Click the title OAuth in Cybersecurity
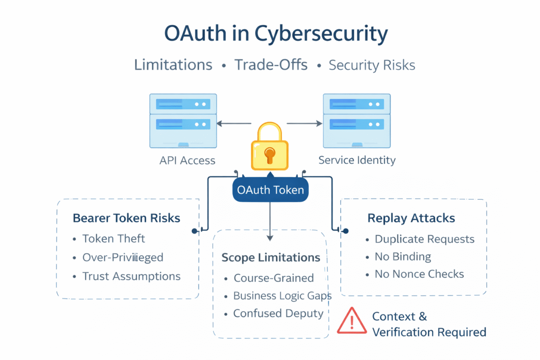point(276,35)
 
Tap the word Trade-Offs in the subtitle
point(271,65)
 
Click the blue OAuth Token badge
point(270,190)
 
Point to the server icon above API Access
point(183,121)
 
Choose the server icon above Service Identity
point(356,121)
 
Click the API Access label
point(187,161)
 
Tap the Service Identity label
point(357,161)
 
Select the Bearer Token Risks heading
point(126,218)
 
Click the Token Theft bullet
point(114,239)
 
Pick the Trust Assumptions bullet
point(131,276)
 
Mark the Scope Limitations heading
point(271,257)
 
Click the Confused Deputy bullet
point(278,313)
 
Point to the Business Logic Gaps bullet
point(282,296)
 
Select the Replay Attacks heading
point(411,218)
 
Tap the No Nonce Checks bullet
point(419,274)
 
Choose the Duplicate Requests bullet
point(424,239)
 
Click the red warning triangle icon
point(352,321)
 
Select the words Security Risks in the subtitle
point(372,65)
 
